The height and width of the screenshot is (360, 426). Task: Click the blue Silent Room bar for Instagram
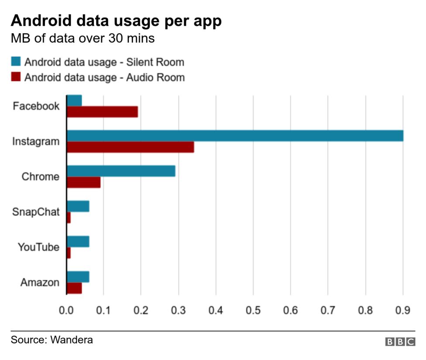pyautogui.click(x=235, y=136)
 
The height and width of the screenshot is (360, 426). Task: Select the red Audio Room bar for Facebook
pyautogui.click(x=102, y=112)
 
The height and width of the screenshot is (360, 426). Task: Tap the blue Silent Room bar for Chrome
pyautogui.click(x=121, y=171)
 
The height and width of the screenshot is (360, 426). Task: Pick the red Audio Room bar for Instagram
pyautogui.click(x=130, y=147)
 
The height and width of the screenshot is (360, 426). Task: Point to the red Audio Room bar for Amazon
pyautogui.click(x=74, y=288)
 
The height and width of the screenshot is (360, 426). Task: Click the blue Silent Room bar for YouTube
pyautogui.click(x=78, y=241)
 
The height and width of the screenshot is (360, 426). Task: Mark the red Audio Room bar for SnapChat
pyautogui.click(x=69, y=217)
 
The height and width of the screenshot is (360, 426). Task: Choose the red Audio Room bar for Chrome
pyautogui.click(x=83, y=182)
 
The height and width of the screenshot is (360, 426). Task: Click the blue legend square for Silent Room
pyautogui.click(x=16, y=62)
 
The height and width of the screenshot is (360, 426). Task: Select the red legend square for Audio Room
pyautogui.click(x=16, y=77)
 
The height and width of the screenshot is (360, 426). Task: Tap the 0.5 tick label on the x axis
pyautogui.click(x=253, y=310)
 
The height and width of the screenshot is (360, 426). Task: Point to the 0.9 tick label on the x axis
pyautogui.click(x=402, y=310)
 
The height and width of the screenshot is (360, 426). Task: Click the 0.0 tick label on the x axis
pyautogui.click(x=66, y=310)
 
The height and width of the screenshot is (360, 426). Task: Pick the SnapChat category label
pyautogui.click(x=36, y=212)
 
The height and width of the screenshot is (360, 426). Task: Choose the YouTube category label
pyautogui.click(x=38, y=247)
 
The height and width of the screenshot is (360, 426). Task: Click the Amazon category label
pyautogui.click(x=40, y=282)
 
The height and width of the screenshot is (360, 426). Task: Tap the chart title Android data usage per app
pyautogui.click(x=116, y=21)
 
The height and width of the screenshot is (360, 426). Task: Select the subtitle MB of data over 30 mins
pyautogui.click(x=82, y=38)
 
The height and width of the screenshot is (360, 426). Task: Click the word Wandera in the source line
pyautogui.click(x=72, y=339)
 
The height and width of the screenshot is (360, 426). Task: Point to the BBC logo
pyautogui.click(x=400, y=342)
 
